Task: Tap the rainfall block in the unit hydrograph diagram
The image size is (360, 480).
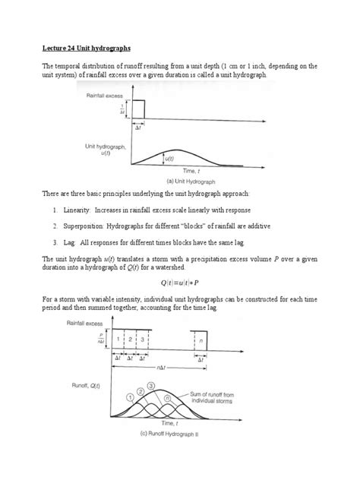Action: pyautogui.click(x=138, y=109)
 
